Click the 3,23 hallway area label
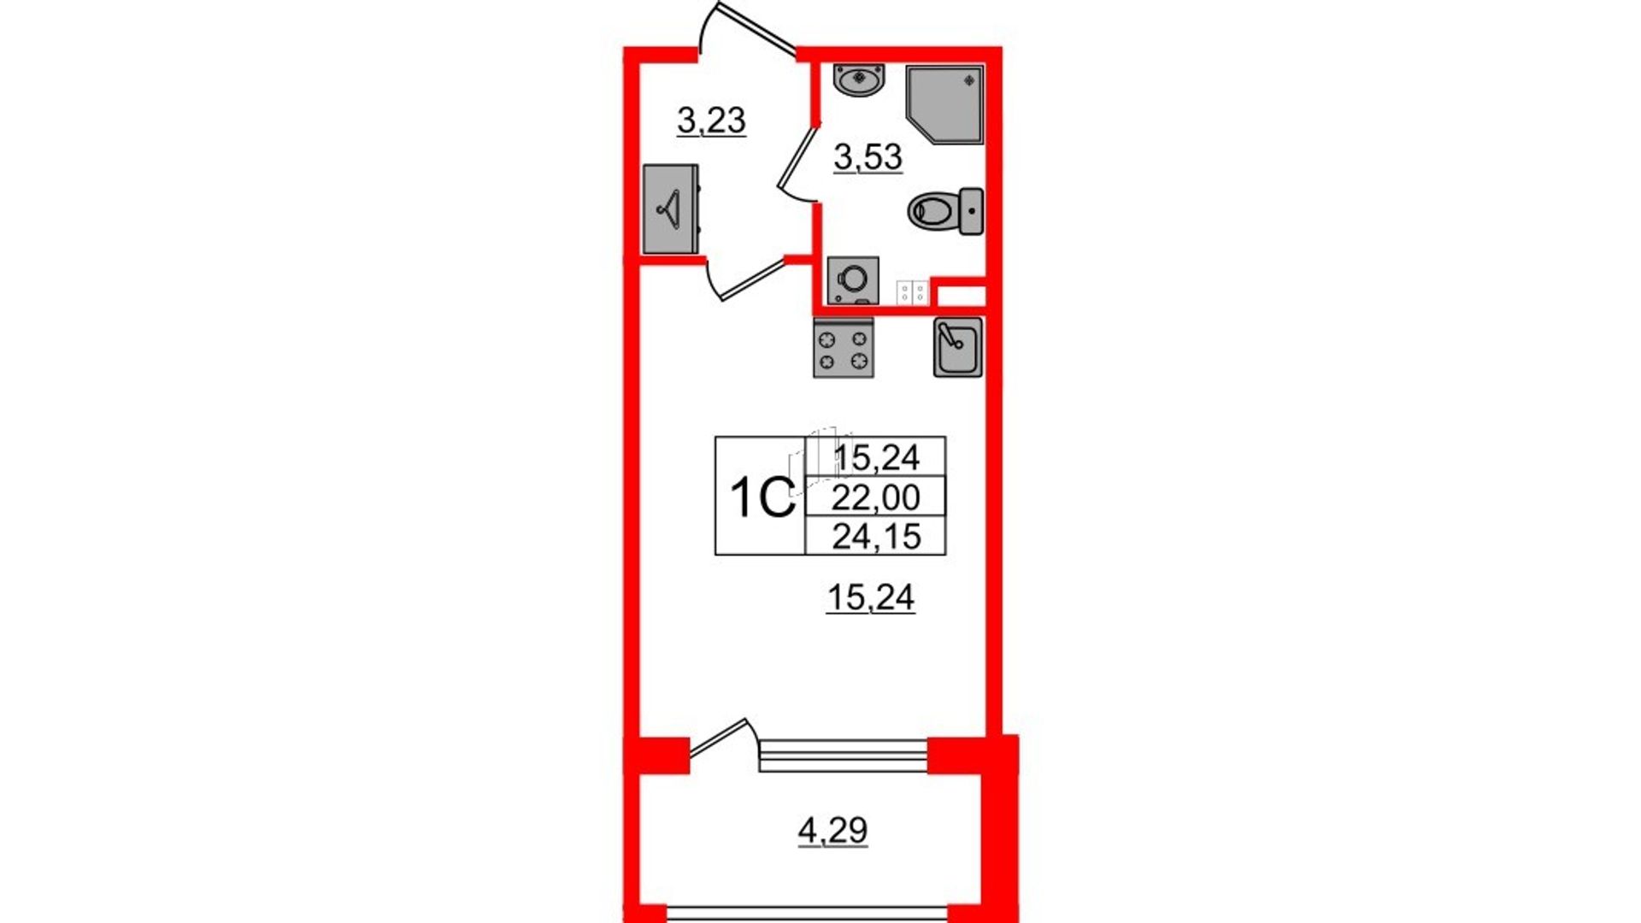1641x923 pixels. coord(711,121)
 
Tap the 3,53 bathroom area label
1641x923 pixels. coord(868,158)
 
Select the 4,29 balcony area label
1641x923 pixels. coord(832,830)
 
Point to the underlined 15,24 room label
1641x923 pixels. coord(871,597)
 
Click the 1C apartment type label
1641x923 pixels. coord(762,497)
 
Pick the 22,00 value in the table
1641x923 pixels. coord(876,497)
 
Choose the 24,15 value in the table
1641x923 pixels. coord(876,536)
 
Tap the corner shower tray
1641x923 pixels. coord(944,105)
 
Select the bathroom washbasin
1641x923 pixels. coord(859,79)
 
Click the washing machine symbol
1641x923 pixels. coord(853,279)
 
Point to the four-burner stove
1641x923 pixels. coord(844,348)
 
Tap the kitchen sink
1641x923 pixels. coord(957,347)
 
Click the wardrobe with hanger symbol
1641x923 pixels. coord(671,209)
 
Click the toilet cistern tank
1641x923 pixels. coord(971,210)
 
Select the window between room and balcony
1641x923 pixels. coord(844,756)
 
